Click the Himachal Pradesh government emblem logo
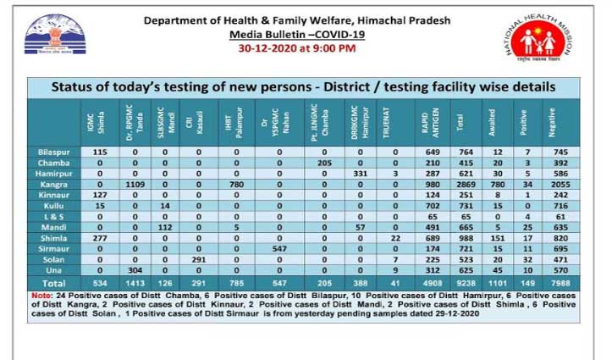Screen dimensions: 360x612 [x=54, y=35]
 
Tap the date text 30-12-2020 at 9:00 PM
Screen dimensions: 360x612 [x=297, y=48]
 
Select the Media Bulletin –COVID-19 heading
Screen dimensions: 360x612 [x=297, y=34]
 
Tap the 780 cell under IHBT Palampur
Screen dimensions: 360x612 [x=237, y=184]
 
